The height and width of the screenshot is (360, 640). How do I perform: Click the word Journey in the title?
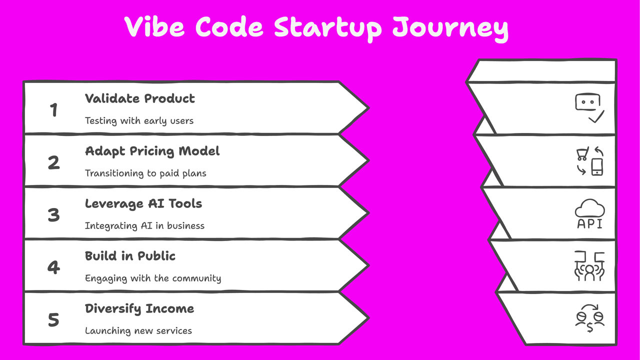[450, 28]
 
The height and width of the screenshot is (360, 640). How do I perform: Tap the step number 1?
[53, 109]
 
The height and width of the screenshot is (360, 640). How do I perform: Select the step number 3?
[53, 215]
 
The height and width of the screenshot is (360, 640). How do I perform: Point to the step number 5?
[53, 320]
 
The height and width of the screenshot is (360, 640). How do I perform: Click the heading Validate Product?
[139, 98]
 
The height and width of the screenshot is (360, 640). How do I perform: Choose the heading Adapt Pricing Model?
[152, 151]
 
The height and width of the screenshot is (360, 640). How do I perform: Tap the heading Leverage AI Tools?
[143, 203]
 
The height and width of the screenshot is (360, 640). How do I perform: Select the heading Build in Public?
[130, 256]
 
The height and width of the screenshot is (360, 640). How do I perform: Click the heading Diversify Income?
[139, 308]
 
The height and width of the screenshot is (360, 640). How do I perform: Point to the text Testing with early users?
[139, 120]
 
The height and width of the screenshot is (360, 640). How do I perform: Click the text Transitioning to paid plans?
[145, 173]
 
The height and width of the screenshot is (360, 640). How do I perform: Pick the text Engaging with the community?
[153, 278]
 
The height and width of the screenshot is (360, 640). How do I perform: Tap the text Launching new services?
[138, 330]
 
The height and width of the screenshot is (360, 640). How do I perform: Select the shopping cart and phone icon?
[589, 161]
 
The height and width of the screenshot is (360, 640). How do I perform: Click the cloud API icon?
[589, 214]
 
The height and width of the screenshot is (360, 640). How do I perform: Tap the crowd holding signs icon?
[589, 266]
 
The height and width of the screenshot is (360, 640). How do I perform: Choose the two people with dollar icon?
[589, 318]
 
